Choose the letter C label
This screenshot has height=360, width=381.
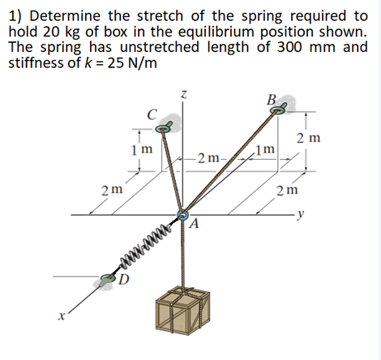tap(150, 114)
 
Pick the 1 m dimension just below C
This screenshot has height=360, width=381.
tap(142, 150)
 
